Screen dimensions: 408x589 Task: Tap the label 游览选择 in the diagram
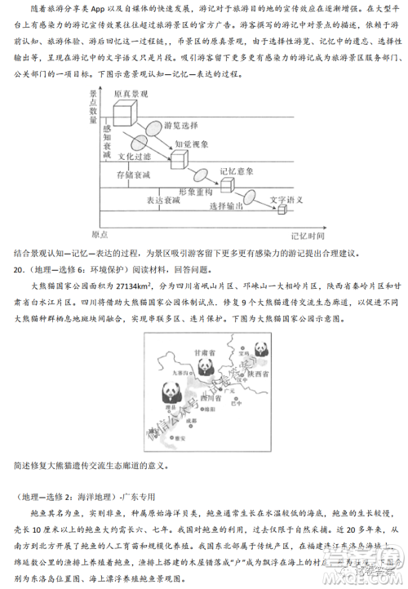pos(181,125)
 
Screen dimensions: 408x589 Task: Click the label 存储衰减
pos(133,176)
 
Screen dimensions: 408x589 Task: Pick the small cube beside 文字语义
pos(282,210)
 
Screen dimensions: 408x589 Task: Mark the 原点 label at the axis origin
pos(100,234)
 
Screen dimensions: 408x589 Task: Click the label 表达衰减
pos(163,200)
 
